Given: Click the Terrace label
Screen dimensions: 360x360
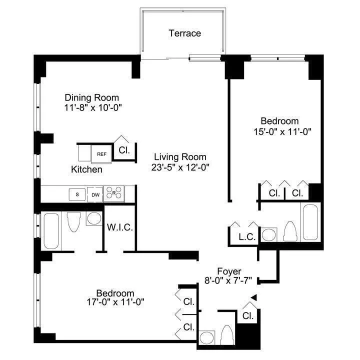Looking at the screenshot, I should (x=184, y=33).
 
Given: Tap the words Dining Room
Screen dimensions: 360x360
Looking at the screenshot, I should (x=92, y=97).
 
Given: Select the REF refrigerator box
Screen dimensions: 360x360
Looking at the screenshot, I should (x=101, y=154).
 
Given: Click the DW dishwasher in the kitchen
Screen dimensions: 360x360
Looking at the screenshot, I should (x=94, y=194).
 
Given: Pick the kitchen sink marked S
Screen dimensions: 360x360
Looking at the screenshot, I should (x=77, y=194).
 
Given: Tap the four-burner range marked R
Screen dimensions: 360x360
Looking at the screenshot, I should (x=114, y=193).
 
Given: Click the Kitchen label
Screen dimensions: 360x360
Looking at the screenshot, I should (x=86, y=169).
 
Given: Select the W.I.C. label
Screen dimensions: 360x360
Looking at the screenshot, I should (x=119, y=227).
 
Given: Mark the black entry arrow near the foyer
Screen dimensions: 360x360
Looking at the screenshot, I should (x=253, y=298).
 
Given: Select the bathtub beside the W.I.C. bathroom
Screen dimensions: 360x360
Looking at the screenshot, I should (x=52, y=230).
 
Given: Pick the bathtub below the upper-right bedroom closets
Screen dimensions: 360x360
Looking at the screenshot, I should (x=310, y=222).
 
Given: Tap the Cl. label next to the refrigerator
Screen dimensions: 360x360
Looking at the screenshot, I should (x=123, y=149).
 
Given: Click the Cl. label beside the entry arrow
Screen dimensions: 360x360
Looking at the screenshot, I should (x=247, y=316).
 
